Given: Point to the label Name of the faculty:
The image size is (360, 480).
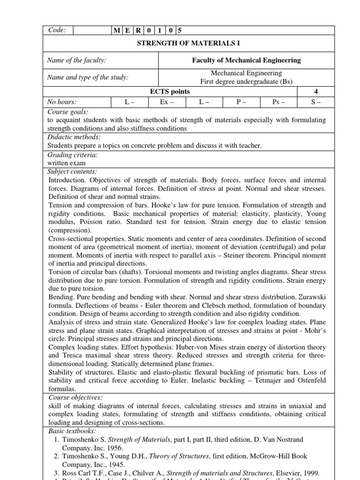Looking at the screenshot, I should click(77, 60).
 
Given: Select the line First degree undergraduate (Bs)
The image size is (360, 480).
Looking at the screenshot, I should click(246, 82).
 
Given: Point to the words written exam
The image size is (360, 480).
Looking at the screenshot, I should click(66, 163).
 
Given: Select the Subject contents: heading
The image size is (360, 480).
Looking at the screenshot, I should click(73, 172).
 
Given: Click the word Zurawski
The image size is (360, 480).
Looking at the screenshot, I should click(311, 297).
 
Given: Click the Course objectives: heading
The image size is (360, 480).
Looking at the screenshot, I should click(75, 397).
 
